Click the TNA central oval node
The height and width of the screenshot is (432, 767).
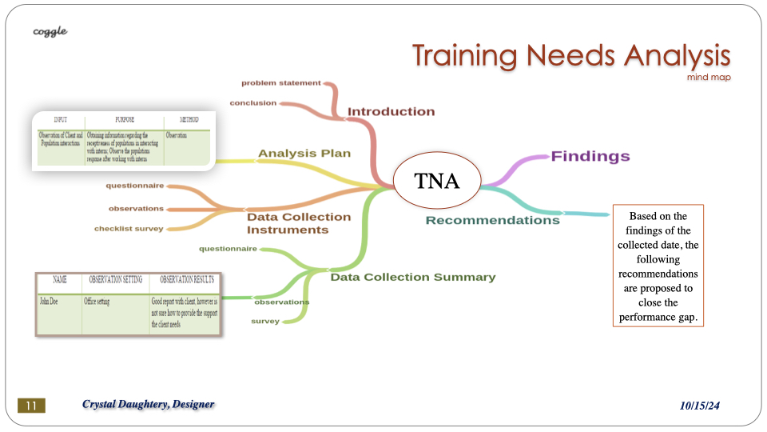(437, 181)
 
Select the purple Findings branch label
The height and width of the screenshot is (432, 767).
(590, 156)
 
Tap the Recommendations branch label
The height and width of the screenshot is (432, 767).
(492, 220)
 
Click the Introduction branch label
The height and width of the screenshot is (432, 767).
(391, 111)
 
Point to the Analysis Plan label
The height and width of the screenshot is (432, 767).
(304, 153)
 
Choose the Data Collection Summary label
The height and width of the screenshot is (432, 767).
(413, 277)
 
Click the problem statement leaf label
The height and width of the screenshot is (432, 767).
(281, 82)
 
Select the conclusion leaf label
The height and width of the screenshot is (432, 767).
(252, 102)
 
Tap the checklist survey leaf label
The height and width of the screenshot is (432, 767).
(129, 228)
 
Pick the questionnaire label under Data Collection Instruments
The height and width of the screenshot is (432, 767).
(134, 186)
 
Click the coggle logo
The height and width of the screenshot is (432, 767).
(50, 31)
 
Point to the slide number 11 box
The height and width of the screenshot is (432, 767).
(32, 406)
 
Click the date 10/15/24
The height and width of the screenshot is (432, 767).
(700, 406)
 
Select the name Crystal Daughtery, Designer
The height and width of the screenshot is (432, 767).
(148, 405)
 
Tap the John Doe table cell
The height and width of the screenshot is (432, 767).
(50, 302)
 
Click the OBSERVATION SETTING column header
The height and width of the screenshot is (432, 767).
(115, 280)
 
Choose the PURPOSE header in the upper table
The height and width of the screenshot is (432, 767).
(125, 120)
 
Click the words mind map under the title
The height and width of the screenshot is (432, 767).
(708, 78)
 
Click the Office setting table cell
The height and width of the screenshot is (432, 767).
(101, 302)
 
